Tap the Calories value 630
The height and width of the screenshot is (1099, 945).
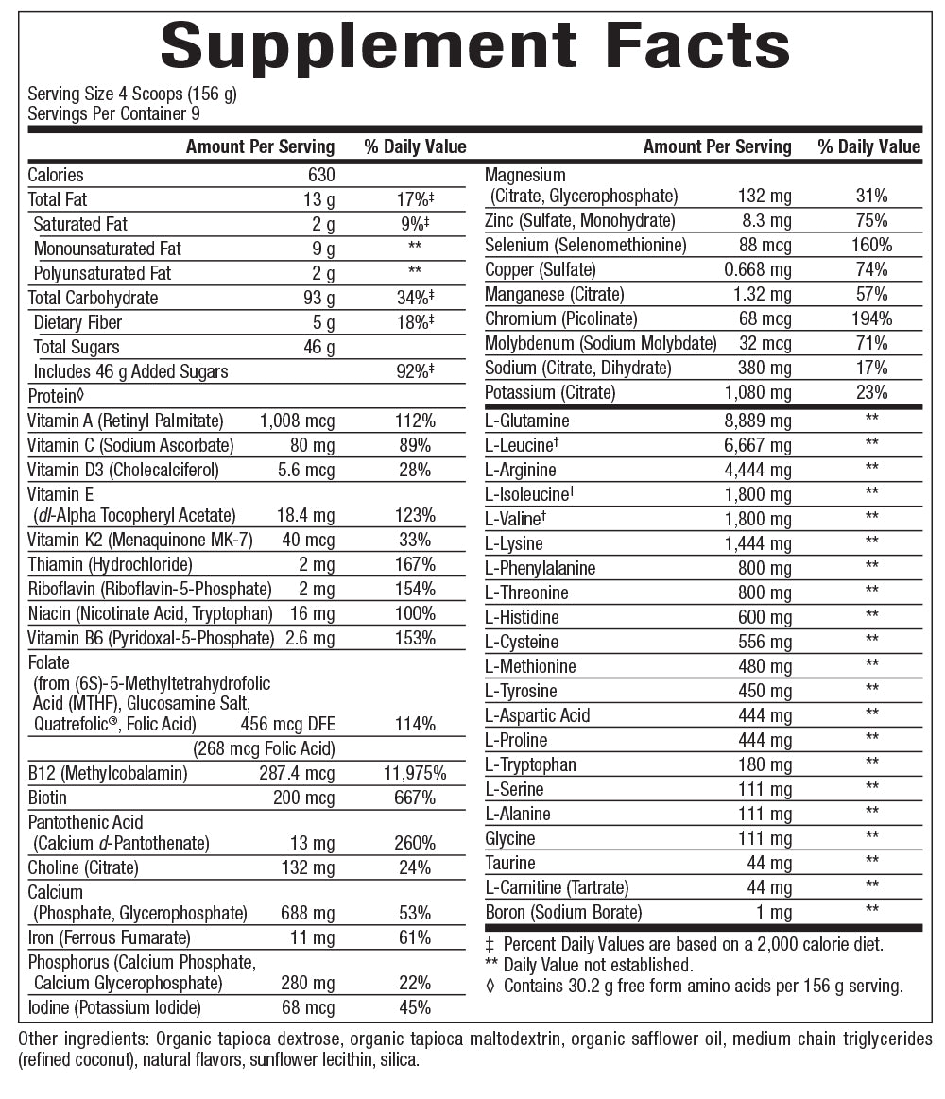click(x=321, y=175)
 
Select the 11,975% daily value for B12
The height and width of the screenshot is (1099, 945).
click(x=415, y=774)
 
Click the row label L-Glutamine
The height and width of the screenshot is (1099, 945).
click(x=527, y=421)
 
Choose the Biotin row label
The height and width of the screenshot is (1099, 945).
click(x=47, y=798)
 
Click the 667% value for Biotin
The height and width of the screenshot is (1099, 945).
click(x=415, y=798)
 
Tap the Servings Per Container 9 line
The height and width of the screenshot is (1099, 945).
click(x=113, y=113)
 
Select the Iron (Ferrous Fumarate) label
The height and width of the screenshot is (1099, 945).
click(x=109, y=938)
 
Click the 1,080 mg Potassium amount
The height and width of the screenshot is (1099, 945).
click(x=758, y=392)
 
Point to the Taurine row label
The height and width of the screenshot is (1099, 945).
click(x=510, y=863)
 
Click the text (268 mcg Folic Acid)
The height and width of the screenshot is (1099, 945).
click(x=264, y=749)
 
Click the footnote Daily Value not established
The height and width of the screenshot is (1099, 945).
click(x=597, y=965)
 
